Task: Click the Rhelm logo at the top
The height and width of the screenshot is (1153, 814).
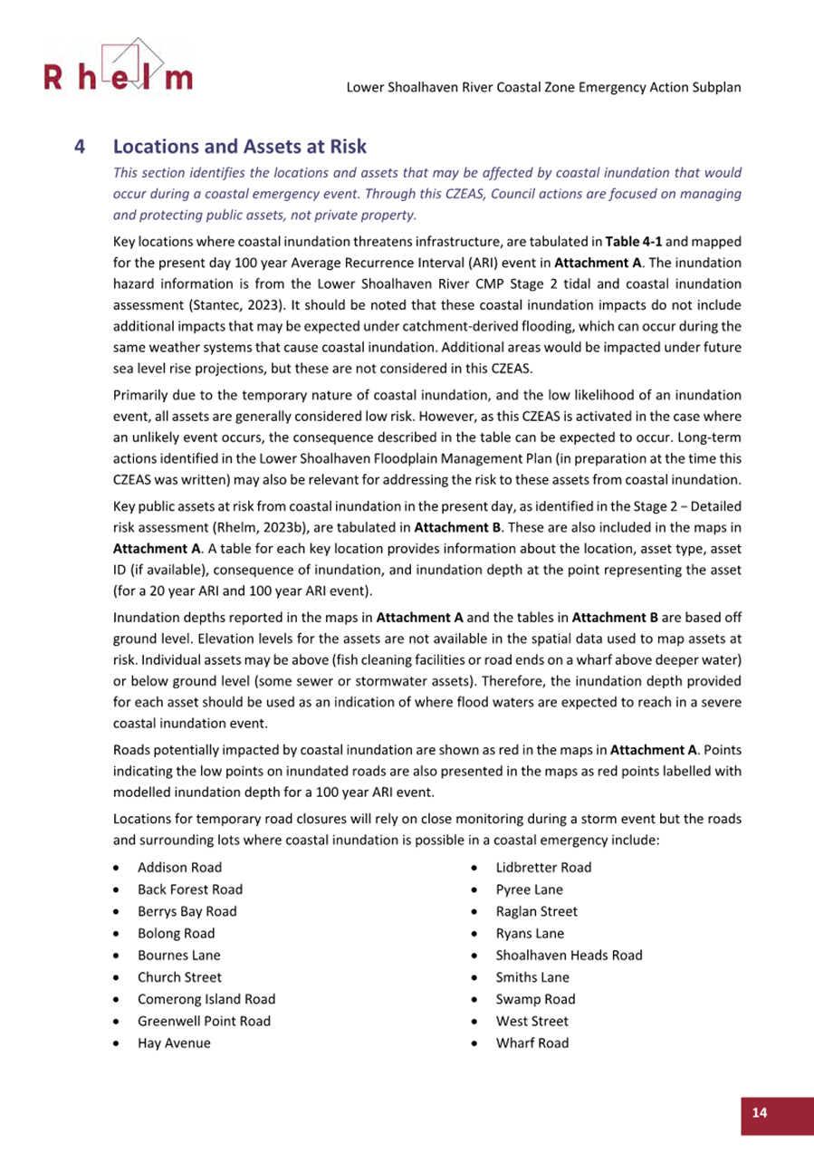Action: point(117,68)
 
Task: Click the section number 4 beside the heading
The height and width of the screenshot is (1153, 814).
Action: point(80,146)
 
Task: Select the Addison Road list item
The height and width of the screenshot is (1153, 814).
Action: point(178,868)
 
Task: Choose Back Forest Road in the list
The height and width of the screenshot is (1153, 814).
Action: point(189,889)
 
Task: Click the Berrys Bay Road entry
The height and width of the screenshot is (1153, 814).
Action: point(187,911)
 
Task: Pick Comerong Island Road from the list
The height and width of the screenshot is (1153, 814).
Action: point(206,999)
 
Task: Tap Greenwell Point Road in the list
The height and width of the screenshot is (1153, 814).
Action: point(203,1021)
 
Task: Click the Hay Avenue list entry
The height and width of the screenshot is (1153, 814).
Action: point(173,1043)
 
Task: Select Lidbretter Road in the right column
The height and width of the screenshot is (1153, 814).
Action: point(543,868)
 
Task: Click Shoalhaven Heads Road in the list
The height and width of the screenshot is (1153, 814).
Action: point(569,956)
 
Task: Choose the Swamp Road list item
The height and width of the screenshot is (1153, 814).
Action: point(535,999)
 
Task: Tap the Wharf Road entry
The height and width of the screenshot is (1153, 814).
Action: point(532,1043)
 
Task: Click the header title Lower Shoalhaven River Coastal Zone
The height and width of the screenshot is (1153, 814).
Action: point(544,88)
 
